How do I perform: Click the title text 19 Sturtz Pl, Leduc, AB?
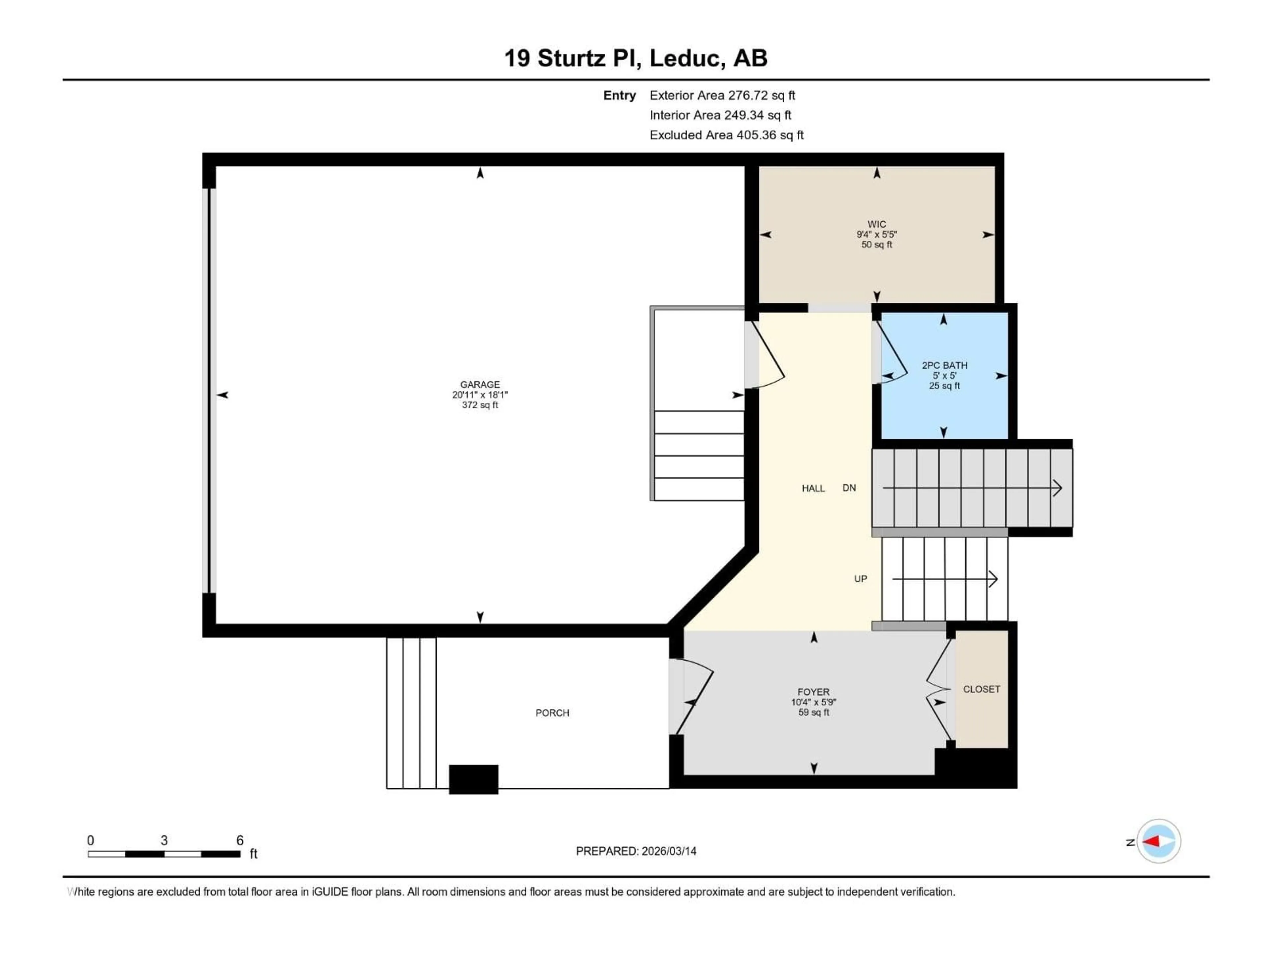[x=636, y=58]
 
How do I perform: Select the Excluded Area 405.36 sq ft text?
[x=726, y=135]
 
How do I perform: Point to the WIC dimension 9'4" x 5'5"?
[x=877, y=235]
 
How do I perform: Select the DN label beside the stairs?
[x=849, y=488]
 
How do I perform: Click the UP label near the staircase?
[x=860, y=578]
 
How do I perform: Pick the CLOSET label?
[x=981, y=689]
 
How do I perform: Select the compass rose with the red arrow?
[x=1159, y=841]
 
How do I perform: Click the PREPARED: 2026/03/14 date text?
[x=636, y=851]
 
